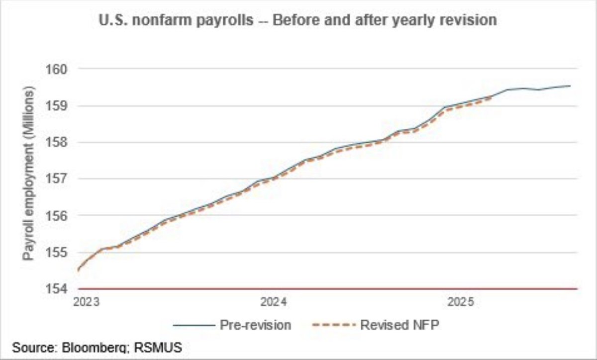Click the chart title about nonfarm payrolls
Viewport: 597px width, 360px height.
click(298, 20)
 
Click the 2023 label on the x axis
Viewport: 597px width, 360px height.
click(86, 302)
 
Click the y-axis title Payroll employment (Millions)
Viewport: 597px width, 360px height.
click(29, 174)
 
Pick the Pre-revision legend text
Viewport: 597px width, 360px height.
click(255, 325)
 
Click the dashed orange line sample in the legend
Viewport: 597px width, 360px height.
click(332, 325)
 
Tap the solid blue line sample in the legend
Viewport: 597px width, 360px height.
click(193, 325)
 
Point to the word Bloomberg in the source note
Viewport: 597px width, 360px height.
click(87, 347)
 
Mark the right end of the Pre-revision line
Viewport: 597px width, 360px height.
click(570, 86)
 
